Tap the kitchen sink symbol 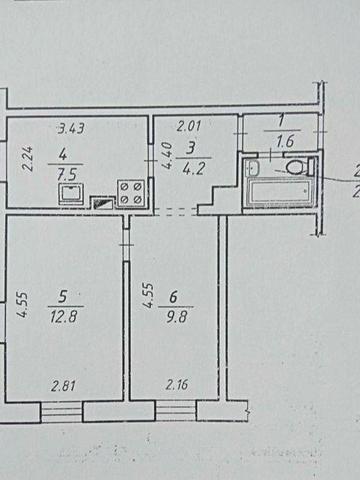[68, 192]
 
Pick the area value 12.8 [67, 309]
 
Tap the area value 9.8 [177, 309]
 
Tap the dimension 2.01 [189, 127]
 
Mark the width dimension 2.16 [177, 382]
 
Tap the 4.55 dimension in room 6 [147, 297]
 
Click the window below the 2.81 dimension [63, 410]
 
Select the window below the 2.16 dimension [176, 410]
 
